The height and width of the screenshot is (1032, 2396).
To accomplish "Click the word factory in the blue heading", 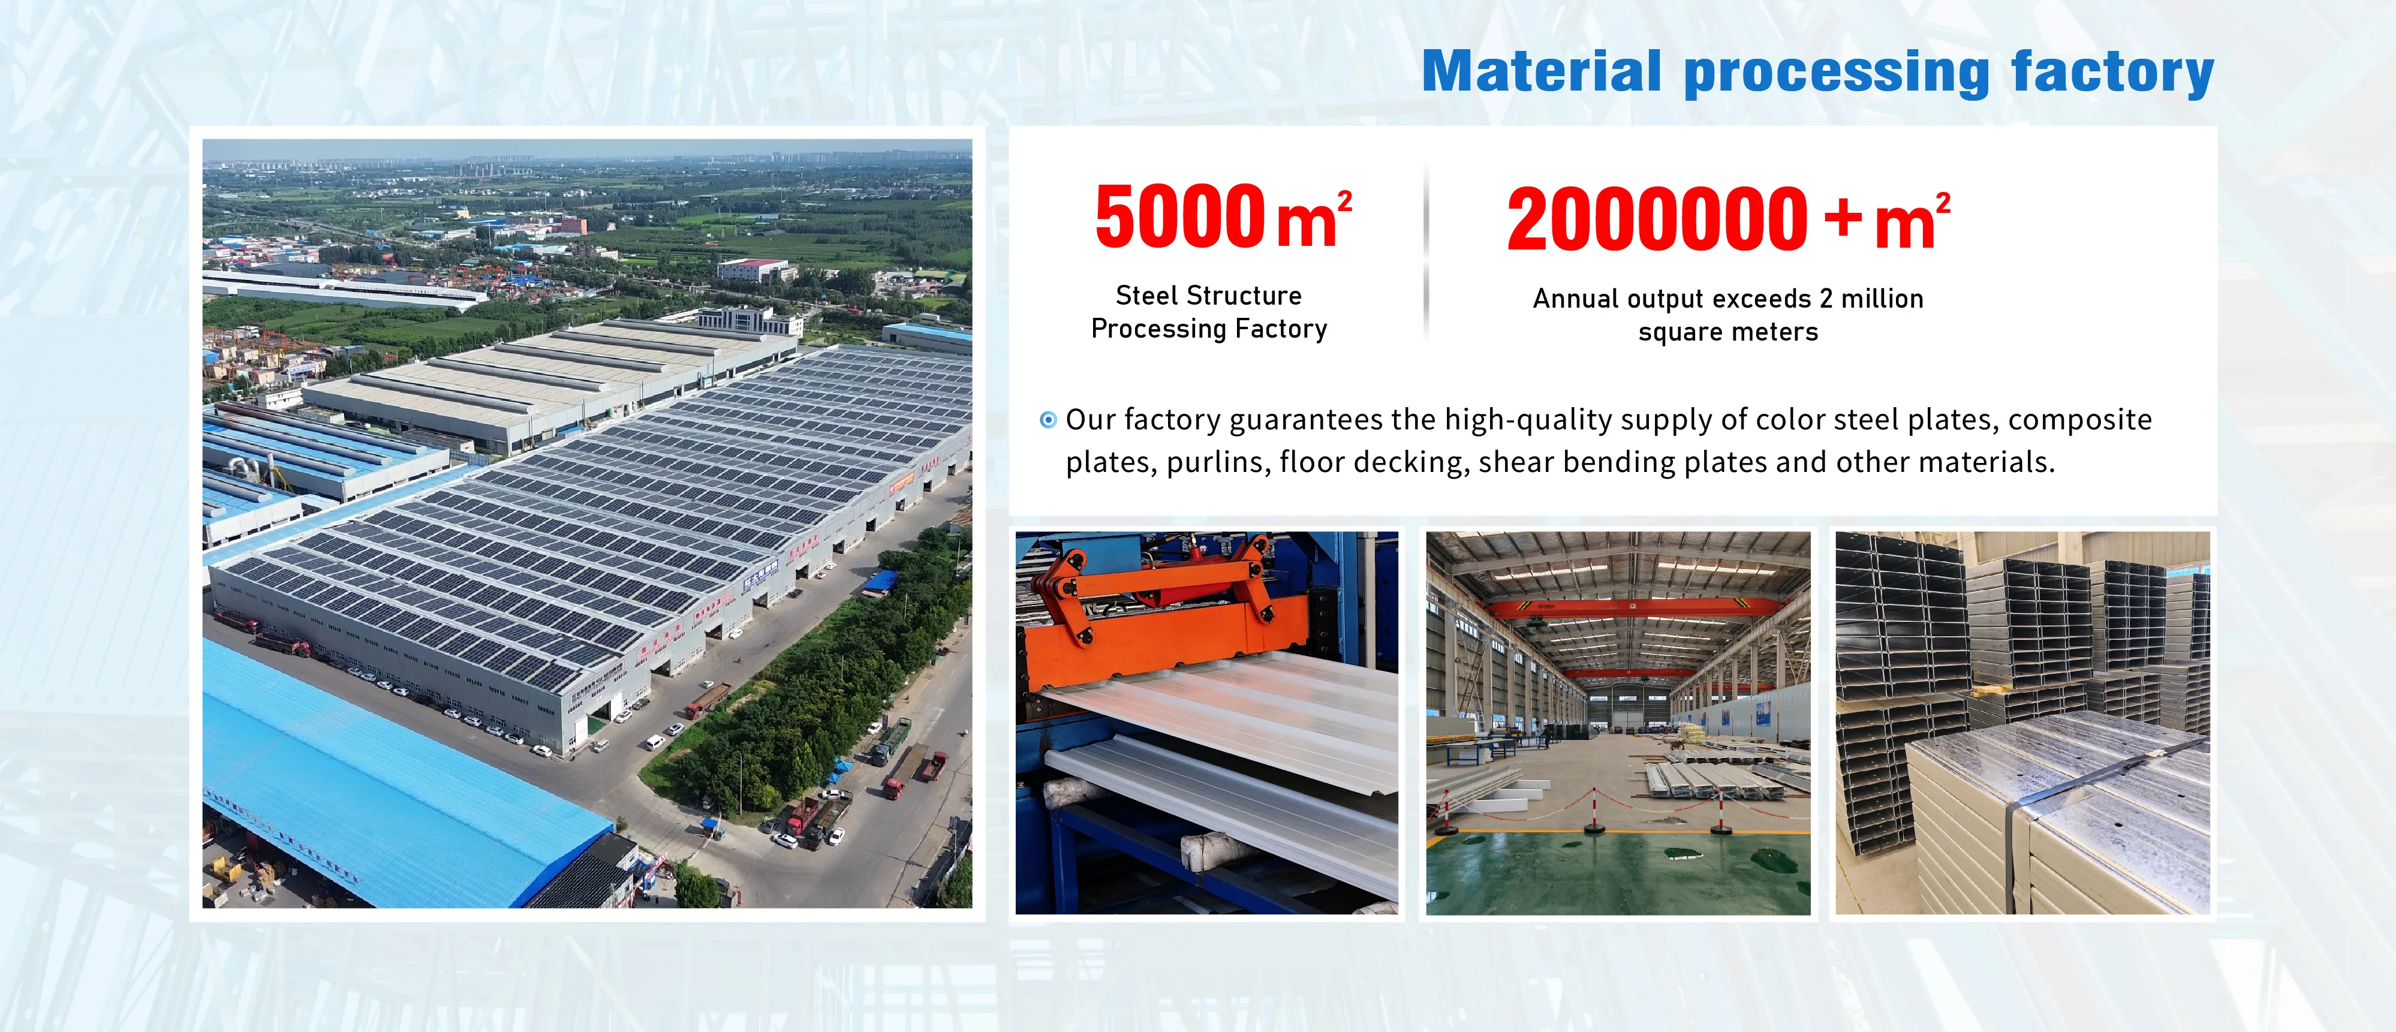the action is [x=2112, y=73].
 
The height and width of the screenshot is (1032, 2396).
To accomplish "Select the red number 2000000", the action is [x=1657, y=219].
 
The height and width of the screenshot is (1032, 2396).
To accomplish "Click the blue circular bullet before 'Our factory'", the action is [x=1048, y=420].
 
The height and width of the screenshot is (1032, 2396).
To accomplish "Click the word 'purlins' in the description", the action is [x=1218, y=462].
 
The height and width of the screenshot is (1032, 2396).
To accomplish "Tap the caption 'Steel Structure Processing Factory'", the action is [x=1209, y=312].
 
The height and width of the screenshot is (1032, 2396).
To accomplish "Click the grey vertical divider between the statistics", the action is [x=1426, y=251].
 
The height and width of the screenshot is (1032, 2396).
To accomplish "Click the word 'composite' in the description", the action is [x=2080, y=420].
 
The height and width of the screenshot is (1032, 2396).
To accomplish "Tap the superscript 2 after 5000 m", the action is [x=1345, y=201].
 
